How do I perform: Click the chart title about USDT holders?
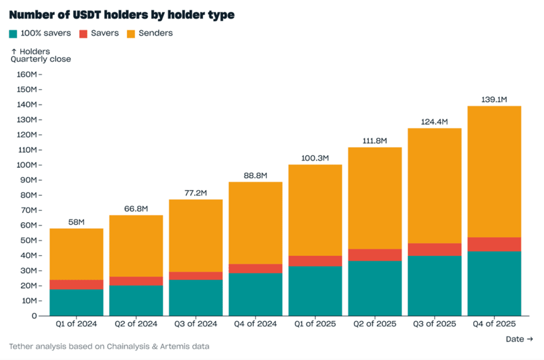[122, 15]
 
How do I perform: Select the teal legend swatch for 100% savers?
[14, 33]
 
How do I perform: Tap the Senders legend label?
[156, 33]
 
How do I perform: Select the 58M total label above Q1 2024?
[76, 222]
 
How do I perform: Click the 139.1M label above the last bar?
[494, 100]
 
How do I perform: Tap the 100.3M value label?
[315, 159]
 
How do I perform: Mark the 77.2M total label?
[195, 193]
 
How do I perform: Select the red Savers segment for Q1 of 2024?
[76, 285]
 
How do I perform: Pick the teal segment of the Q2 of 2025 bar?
[374, 288]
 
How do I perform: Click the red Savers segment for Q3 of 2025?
[434, 249]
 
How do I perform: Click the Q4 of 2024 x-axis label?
[255, 324]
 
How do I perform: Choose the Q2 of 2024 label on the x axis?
[136, 324]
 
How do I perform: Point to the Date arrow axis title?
[519, 339]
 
